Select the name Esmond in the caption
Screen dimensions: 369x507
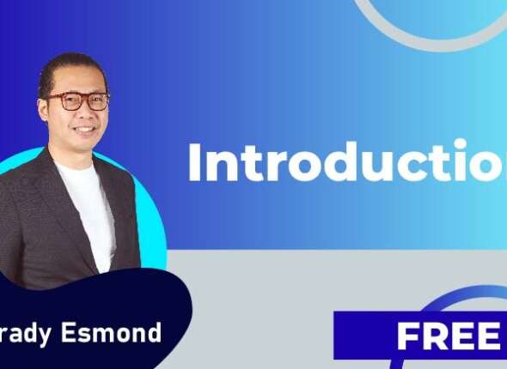click(x=120, y=333)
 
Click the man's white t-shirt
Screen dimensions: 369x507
click(x=90, y=206)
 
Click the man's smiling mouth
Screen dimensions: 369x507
click(x=84, y=130)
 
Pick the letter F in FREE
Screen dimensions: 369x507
click(x=409, y=336)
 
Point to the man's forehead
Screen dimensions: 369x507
click(x=79, y=80)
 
